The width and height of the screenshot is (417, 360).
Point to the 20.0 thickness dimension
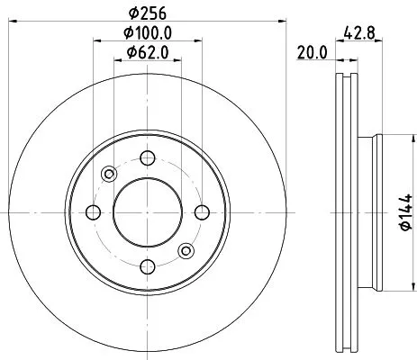[312, 53]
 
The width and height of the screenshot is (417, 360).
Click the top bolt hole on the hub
[145, 159]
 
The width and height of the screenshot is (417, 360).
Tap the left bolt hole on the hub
[93, 212]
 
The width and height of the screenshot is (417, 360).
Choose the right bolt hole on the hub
[198, 212]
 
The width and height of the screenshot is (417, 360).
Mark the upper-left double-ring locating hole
[109, 174]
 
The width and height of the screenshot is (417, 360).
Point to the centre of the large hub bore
[145, 212]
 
